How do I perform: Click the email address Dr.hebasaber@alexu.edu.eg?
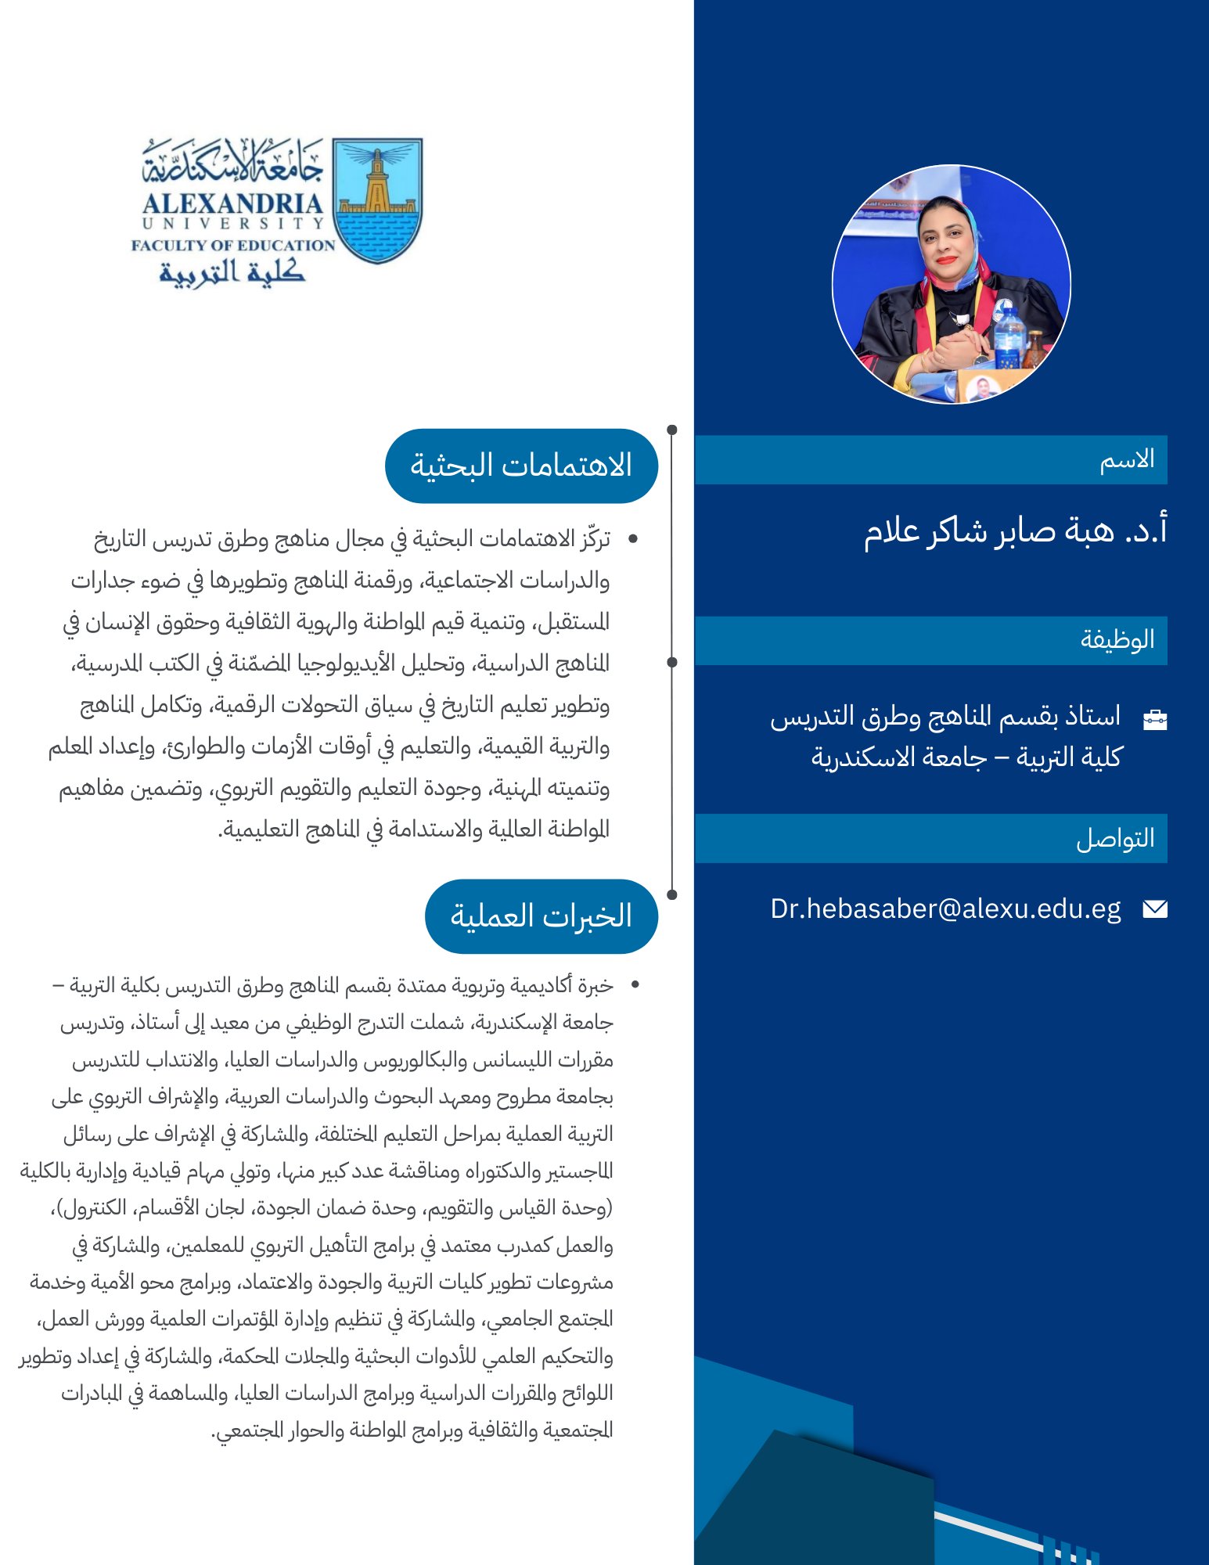945,909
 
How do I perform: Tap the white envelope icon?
1154,908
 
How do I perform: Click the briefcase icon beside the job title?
1155,719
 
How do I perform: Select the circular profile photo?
951,284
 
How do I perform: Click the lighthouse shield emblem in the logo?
377,200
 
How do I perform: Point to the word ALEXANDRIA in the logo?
232,203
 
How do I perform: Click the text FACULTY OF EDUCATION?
232,245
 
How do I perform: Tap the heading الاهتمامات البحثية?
521,466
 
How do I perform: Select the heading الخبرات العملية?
541,916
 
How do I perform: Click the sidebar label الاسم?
1127,459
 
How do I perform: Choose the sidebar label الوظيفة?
1117,640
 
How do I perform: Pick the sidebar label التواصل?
1115,839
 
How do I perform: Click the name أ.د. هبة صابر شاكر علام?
1015,531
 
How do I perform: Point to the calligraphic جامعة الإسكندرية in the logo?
232,162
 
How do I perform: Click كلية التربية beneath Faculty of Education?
232,272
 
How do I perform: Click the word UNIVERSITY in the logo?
232,224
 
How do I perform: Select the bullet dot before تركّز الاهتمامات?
633,539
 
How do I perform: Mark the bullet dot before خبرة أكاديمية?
635,985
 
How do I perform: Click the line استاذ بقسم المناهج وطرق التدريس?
945,717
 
